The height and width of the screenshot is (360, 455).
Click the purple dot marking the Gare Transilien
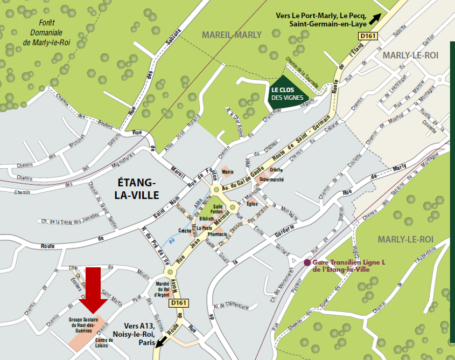[x=307, y=262]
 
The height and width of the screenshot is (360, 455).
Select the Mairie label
[x=228, y=172]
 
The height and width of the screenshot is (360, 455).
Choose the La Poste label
[x=204, y=228]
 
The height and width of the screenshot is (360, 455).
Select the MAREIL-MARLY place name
[x=231, y=35]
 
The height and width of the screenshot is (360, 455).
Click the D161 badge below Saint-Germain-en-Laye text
[x=368, y=36]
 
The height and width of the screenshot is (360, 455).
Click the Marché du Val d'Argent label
[x=162, y=289]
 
